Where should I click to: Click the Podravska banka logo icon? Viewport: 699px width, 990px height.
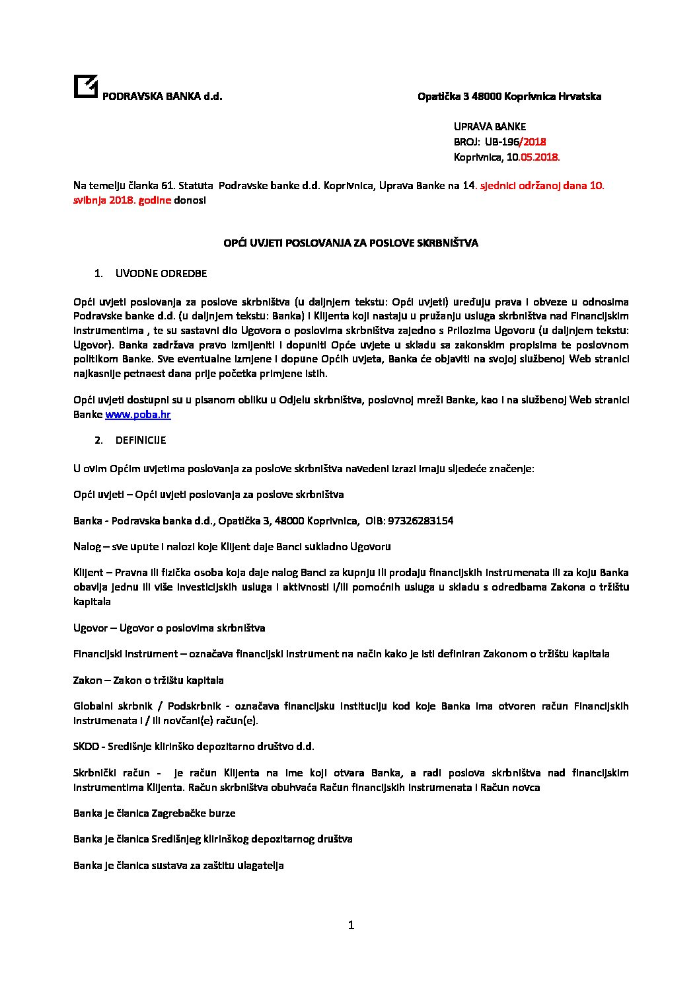(85, 87)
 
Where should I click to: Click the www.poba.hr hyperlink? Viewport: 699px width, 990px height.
(138, 415)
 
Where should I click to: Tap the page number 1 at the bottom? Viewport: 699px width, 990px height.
(351, 925)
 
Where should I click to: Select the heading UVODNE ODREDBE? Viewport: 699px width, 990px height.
(161, 274)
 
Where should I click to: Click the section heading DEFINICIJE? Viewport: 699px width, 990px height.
(140, 440)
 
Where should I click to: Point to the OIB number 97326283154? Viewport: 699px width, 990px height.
(420, 521)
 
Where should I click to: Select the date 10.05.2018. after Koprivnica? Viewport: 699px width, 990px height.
(533, 157)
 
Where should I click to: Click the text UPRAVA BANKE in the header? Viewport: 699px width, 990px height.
(490, 126)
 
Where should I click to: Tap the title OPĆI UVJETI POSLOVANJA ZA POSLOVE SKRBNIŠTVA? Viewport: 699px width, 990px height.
(350, 243)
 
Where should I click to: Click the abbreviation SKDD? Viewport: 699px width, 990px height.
(86, 747)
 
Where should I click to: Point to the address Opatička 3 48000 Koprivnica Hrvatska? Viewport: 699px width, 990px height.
(509, 97)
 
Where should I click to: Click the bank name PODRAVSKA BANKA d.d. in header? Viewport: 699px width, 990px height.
(161, 97)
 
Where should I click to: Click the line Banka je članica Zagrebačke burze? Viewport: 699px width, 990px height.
(154, 813)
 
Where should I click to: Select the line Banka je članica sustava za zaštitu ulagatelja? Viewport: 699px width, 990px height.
(178, 866)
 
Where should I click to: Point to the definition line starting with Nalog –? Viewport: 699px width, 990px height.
(232, 547)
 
